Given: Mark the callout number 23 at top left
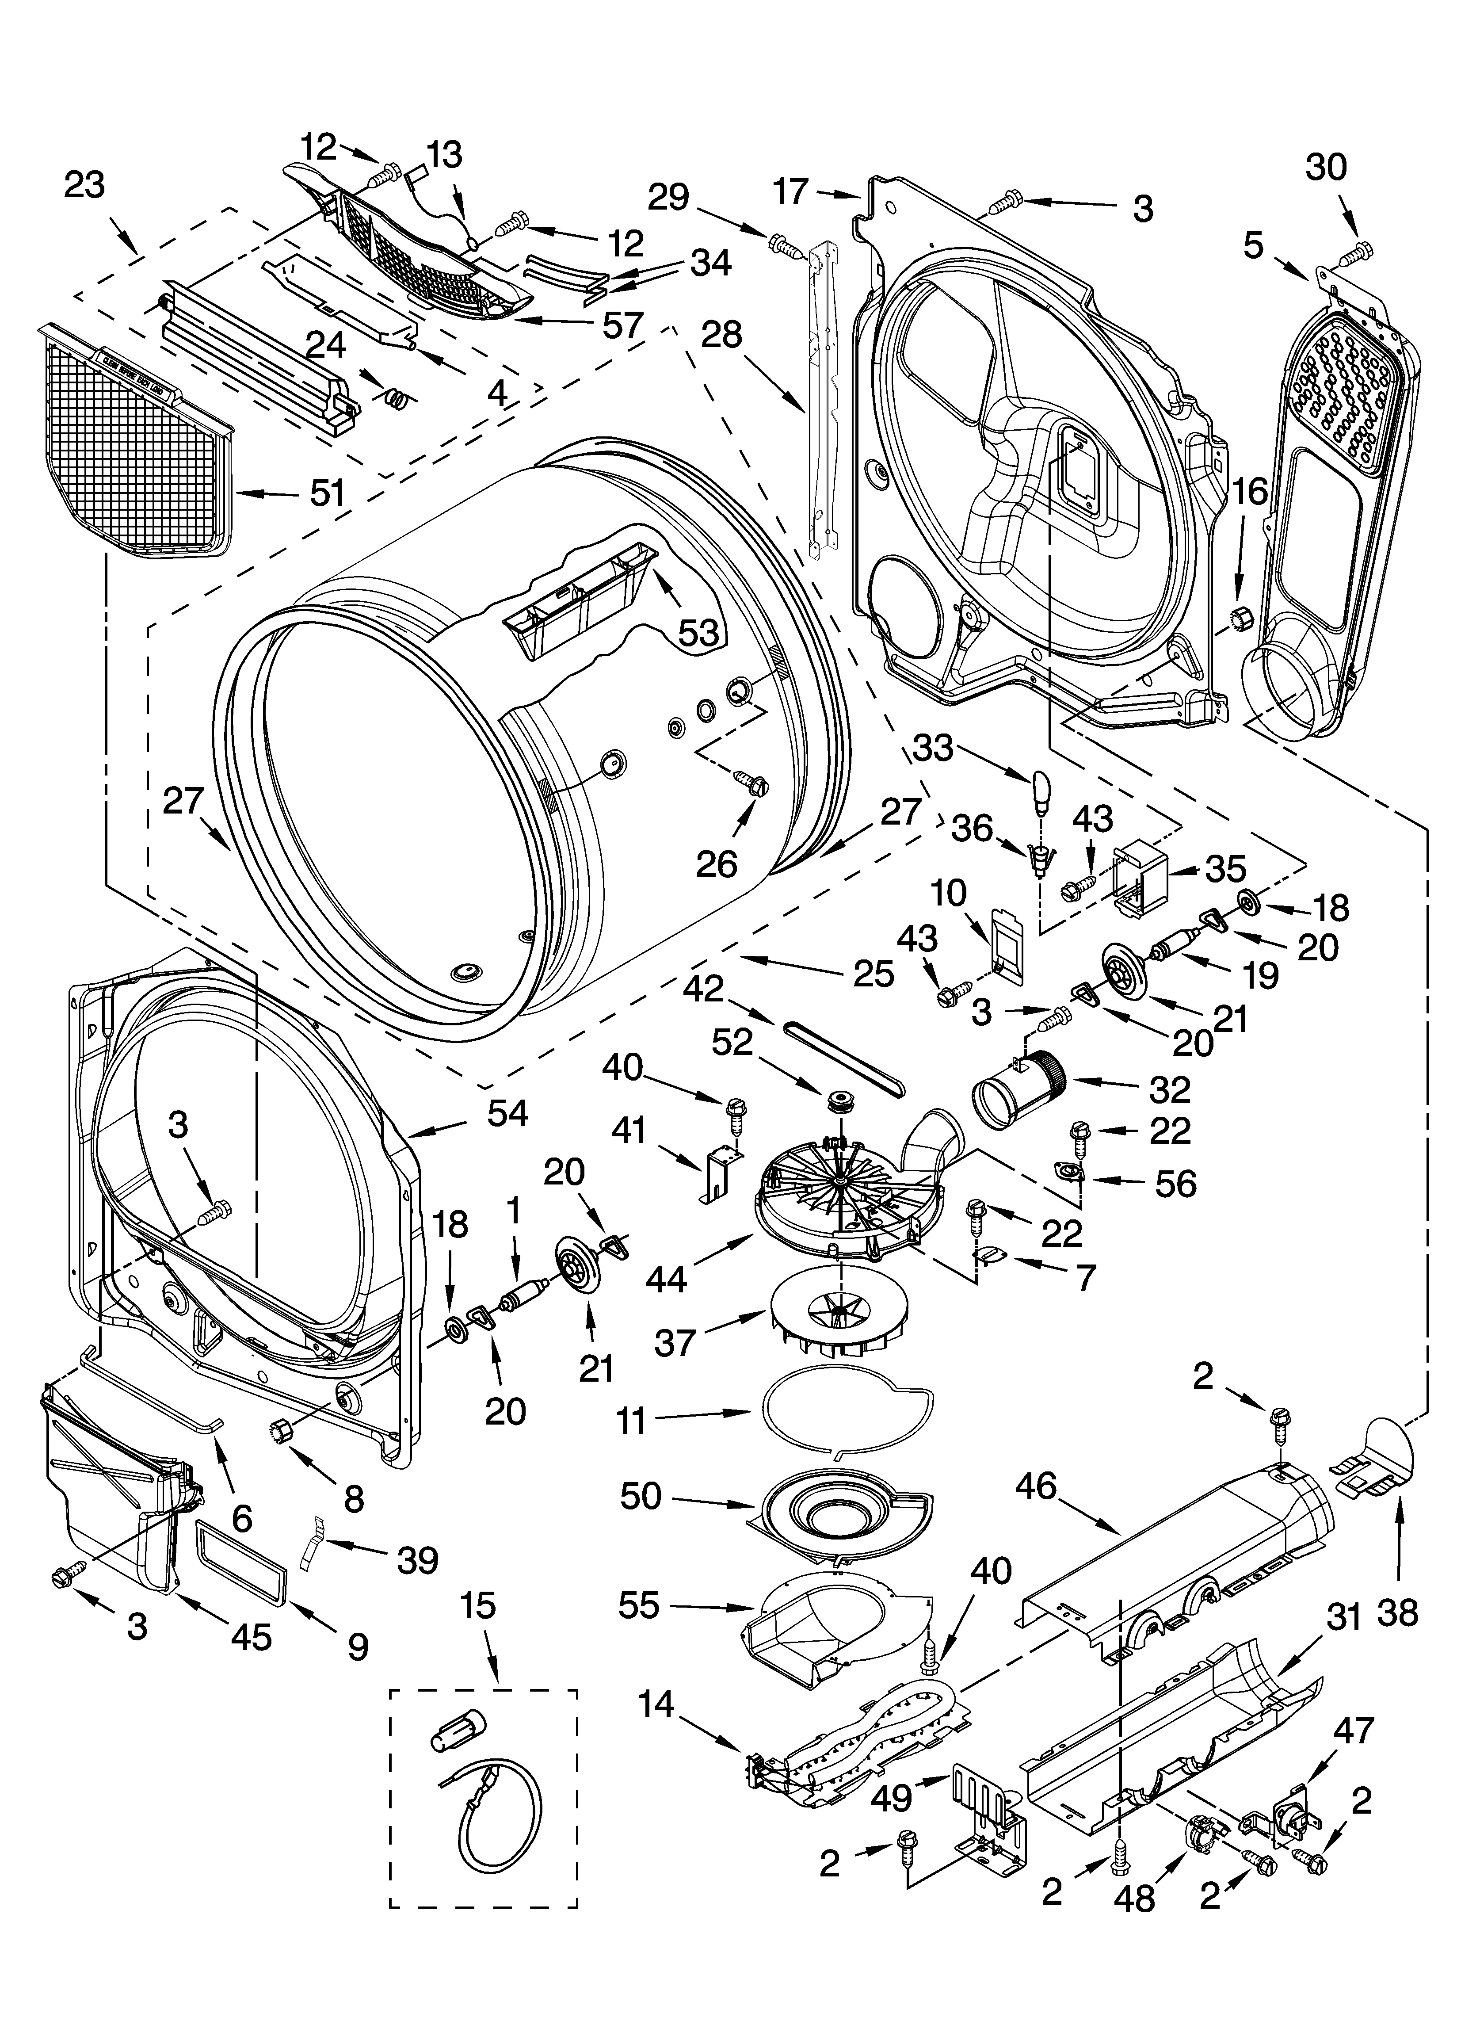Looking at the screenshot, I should [85, 185].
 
